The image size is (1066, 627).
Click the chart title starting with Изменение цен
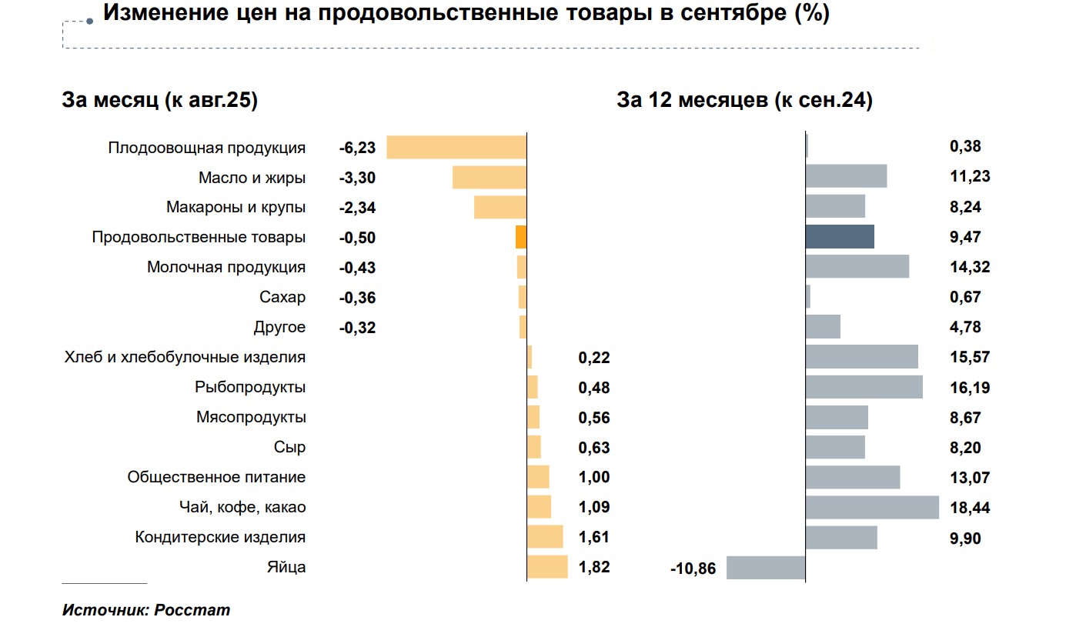tap(466, 15)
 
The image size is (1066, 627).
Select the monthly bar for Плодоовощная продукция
tap(456, 148)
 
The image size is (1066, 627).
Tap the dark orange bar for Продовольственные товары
tap(521, 238)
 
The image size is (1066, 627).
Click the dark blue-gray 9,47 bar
tap(840, 237)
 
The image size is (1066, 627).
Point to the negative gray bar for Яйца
tap(766, 568)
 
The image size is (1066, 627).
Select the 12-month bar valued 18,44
tap(872, 508)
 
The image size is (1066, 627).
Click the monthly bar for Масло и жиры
tap(489, 178)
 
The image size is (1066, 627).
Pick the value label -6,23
tap(357, 148)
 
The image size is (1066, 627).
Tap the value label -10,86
tap(693, 569)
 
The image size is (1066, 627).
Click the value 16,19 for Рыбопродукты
tap(970, 388)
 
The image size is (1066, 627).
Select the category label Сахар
tap(282, 298)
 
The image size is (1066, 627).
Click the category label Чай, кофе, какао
tap(241, 508)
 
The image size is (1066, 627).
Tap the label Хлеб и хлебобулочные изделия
tap(185, 358)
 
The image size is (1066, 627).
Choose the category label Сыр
tap(289, 448)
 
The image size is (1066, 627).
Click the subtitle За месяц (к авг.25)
tap(159, 101)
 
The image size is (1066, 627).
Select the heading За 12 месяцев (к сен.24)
tap(744, 101)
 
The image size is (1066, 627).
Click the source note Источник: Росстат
tap(146, 611)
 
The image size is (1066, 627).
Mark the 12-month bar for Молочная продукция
tap(857, 267)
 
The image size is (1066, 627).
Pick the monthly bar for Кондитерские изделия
tap(545, 537)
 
